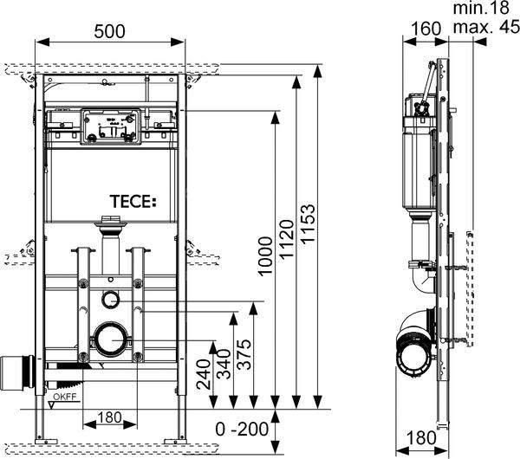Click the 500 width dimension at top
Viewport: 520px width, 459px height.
coord(109,31)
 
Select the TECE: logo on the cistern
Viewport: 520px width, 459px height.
coord(131,203)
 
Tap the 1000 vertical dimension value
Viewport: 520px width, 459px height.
coord(266,257)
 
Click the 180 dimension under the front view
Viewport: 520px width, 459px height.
coord(108,417)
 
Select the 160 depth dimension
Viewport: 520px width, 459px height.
coord(425,28)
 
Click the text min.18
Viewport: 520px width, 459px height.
coord(481,8)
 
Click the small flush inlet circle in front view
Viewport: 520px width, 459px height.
coord(109,300)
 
